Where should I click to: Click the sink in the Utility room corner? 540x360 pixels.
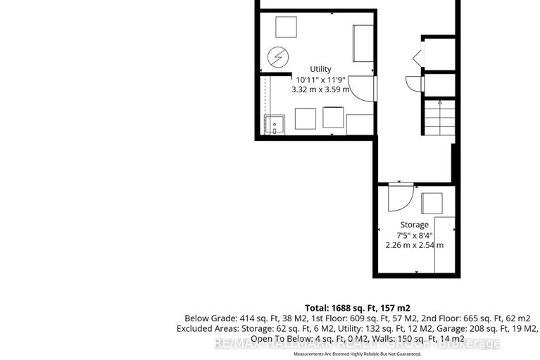(x=274, y=125)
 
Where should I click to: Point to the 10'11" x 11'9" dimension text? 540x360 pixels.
(x=320, y=80)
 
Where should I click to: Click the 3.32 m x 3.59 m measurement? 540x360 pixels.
(x=320, y=90)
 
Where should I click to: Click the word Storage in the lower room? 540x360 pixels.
(x=414, y=225)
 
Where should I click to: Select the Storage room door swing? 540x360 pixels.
(x=396, y=197)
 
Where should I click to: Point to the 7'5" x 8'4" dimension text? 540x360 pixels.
(x=414, y=235)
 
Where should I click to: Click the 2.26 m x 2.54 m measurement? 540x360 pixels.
(x=414, y=245)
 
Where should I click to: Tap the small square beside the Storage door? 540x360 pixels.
(x=431, y=203)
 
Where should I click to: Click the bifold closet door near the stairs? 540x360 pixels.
(x=417, y=56)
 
